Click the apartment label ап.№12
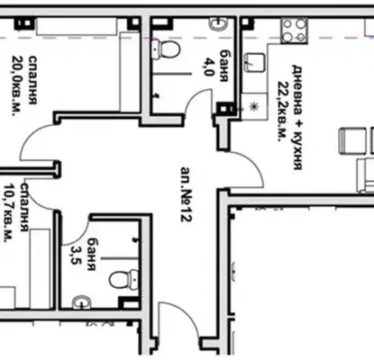186,194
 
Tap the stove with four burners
294,31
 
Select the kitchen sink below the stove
254,63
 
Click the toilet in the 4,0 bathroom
166,49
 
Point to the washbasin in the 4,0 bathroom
219,23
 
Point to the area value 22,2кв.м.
281,112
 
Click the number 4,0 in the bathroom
208,67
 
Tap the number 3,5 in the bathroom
75,255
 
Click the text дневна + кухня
296,117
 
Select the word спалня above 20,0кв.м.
32,80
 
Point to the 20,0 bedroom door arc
30,137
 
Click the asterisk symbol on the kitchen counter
254,106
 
